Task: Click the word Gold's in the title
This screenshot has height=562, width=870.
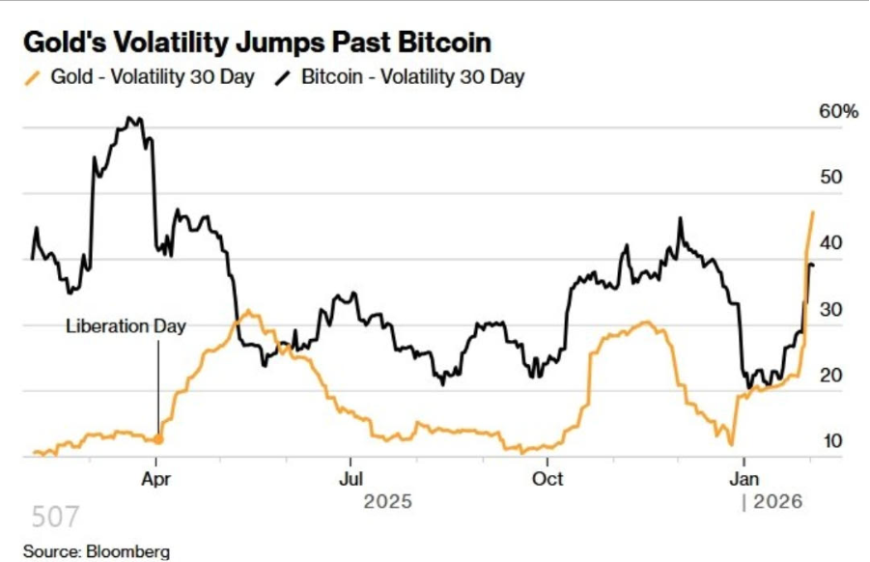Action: (59, 42)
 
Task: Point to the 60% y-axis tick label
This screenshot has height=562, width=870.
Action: (838, 112)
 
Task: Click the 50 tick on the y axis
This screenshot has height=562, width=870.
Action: (830, 178)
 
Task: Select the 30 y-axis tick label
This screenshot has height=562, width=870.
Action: (830, 310)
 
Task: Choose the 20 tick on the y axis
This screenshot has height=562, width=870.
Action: (830, 376)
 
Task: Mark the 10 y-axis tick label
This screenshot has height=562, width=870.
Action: (830, 441)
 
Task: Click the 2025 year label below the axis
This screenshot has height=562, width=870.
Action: (387, 502)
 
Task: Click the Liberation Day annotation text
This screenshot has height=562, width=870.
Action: (126, 325)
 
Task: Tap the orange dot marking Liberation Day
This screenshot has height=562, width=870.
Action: (158, 439)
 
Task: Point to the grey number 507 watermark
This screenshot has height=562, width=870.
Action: (55, 518)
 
